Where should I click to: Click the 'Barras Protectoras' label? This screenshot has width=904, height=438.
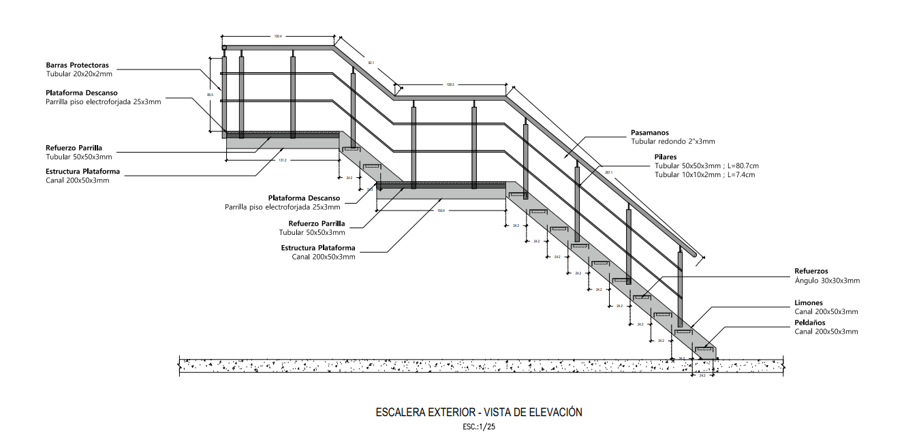(78, 65)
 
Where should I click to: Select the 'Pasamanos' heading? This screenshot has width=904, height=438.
(650, 133)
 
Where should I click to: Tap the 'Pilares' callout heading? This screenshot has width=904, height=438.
(667, 157)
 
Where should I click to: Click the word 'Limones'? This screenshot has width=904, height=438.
(809, 302)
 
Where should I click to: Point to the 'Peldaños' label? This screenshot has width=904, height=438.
(811, 322)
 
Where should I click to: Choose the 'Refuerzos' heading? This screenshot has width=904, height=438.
(811, 271)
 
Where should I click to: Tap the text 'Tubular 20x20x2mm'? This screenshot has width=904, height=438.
(79, 74)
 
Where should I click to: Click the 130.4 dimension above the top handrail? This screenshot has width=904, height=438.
(278, 36)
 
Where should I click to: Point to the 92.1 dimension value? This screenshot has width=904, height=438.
(371, 63)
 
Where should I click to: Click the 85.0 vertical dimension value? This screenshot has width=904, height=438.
(211, 95)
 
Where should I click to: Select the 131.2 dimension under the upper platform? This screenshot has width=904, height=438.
(283, 161)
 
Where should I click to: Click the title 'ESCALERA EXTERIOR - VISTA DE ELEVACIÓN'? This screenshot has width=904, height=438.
(479, 413)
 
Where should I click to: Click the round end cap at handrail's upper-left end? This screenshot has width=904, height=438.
(224, 47)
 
